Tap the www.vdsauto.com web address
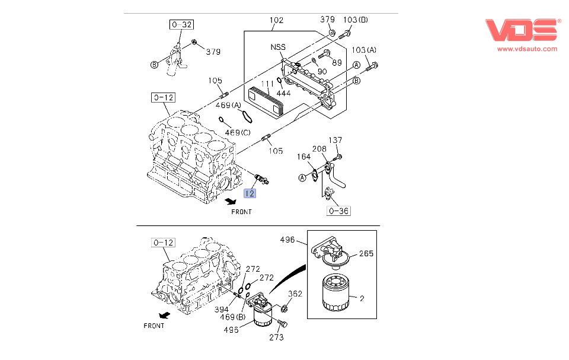click(x=527, y=49)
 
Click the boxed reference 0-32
click(x=181, y=24)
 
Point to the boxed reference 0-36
click(x=338, y=210)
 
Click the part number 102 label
click(x=277, y=20)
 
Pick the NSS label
click(x=279, y=47)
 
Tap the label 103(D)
click(x=356, y=20)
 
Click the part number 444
click(x=283, y=93)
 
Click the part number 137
click(x=335, y=140)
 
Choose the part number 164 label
click(x=304, y=157)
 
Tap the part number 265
click(x=366, y=254)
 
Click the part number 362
click(x=295, y=294)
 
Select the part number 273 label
click(x=276, y=337)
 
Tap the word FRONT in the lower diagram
click(x=154, y=326)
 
